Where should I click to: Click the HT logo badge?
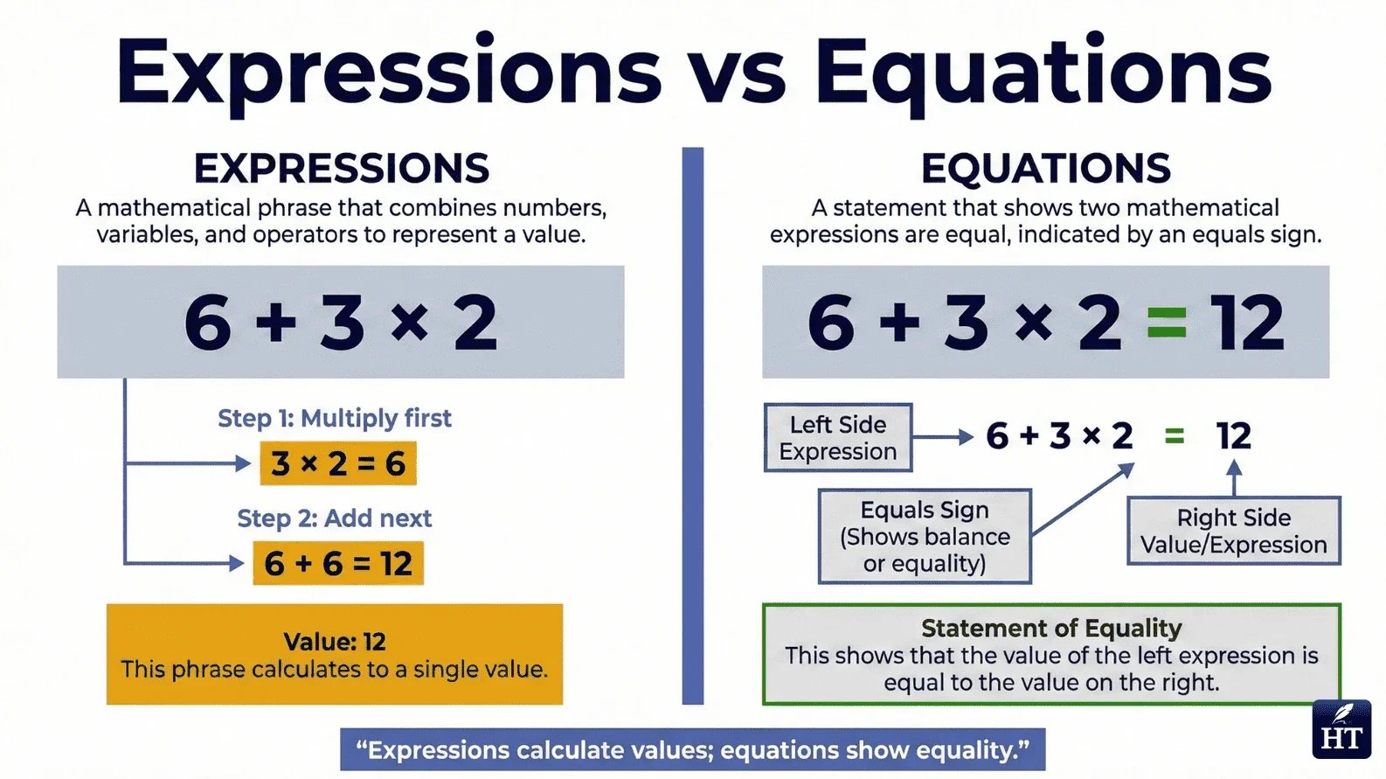[x=1341, y=729]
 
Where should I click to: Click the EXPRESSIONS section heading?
[x=342, y=169]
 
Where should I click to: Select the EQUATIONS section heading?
[x=1045, y=169]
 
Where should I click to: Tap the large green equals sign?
[x=1166, y=323]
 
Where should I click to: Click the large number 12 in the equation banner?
[x=1247, y=323]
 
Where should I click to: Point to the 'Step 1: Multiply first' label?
[x=335, y=418]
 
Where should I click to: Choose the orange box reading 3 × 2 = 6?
[x=338, y=463]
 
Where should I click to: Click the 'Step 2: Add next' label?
[x=335, y=518]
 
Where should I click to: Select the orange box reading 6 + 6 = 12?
[x=338, y=564]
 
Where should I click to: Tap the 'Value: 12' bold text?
[x=335, y=642]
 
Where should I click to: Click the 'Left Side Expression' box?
[x=838, y=437]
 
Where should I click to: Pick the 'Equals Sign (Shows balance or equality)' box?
[x=925, y=536]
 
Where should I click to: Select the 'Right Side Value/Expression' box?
[x=1233, y=531]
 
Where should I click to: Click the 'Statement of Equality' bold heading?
[x=1051, y=628]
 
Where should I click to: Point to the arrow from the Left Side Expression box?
[x=943, y=436]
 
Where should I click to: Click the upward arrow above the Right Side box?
[x=1234, y=478]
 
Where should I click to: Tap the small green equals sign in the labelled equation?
[x=1175, y=435]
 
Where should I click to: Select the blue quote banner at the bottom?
[x=692, y=750]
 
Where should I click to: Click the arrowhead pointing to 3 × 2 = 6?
[x=243, y=463]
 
